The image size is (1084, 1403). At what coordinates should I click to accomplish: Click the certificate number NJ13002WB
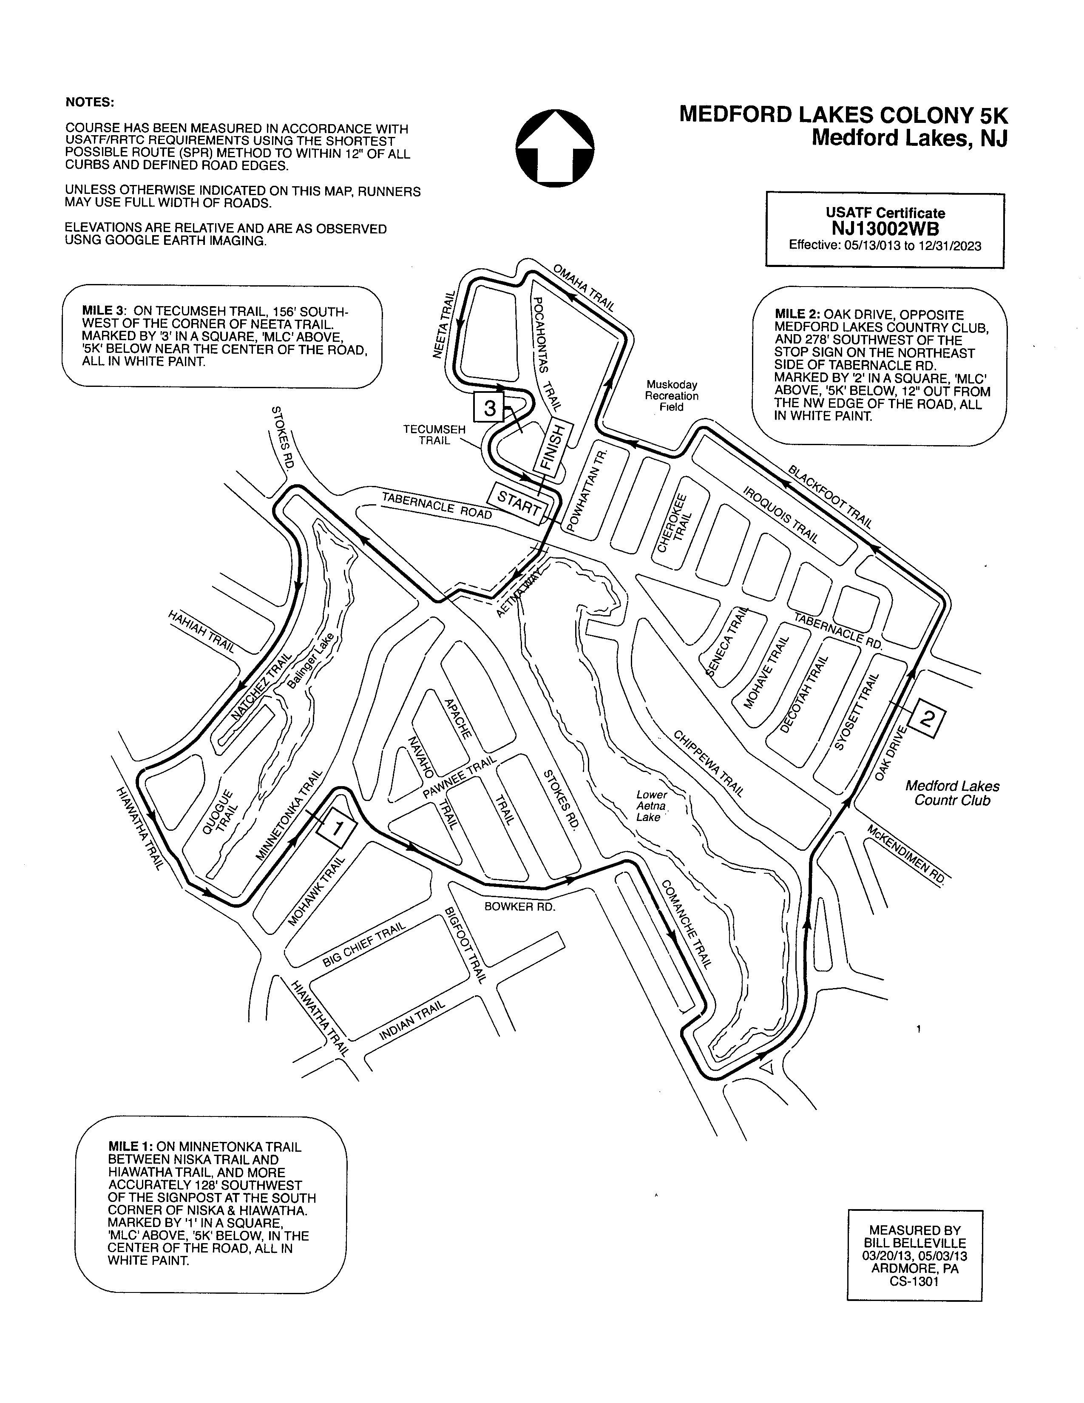[x=885, y=229]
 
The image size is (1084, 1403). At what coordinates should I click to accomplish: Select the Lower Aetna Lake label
[x=651, y=806]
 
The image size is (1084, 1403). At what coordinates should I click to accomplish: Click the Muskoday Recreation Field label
[x=671, y=396]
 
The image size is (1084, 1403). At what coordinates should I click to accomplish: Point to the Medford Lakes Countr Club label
[x=952, y=793]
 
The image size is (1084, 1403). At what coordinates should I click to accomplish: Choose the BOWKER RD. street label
[x=519, y=906]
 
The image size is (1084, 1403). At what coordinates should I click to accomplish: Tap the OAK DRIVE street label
[x=890, y=753]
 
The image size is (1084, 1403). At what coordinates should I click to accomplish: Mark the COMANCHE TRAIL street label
[x=686, y=924]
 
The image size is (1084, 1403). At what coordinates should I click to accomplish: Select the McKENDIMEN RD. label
[x=907, y=855]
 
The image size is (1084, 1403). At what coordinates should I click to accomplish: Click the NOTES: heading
[x=90, y=102]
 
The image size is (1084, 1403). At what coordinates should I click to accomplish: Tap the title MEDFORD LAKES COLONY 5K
[x=843, y=115]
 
